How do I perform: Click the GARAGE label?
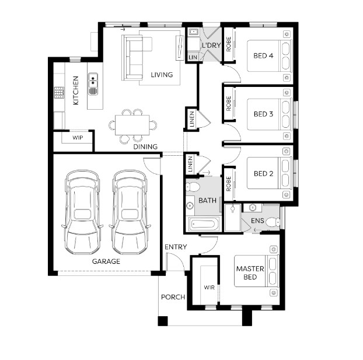pyautogui.click(x=106, y=261)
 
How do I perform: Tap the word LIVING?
pyautogui.click(x=162, y=75)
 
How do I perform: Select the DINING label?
pyautogui.click(x=145, y=146)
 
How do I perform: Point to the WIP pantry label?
pyautogui.click(x=78, y=138)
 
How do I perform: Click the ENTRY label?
pyautogui.click(x=176, y=247)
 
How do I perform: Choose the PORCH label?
pyautogui.click(x=173, y=297)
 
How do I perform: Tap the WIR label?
pyautogui.click(x=210, y=288)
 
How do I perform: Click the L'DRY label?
pyautogui.click(x=211, y=46)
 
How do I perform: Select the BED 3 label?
pyautogui.click(x=263, y=114)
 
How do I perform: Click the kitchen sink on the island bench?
pyautogui.click(x=93, y=84)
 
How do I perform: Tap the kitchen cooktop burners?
pyautogui.click(x=59, y=92)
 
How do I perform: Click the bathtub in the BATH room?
pyautogui.click(x=204, y=224)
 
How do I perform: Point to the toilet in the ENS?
pyautogui.click(x=273, y=222)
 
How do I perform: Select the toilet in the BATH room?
pyautogui.click(x=193, y=187)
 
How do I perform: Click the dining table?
pyautogui.click(x=132, y=125)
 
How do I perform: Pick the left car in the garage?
pyautogui.click(x=82, y=212)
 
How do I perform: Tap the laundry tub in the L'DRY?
pyautogui.click(x=193, y=32)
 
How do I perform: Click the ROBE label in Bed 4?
pyautogui.click(x=229, y=44)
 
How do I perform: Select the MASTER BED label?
pyautogui.click(x=250, y=272)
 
